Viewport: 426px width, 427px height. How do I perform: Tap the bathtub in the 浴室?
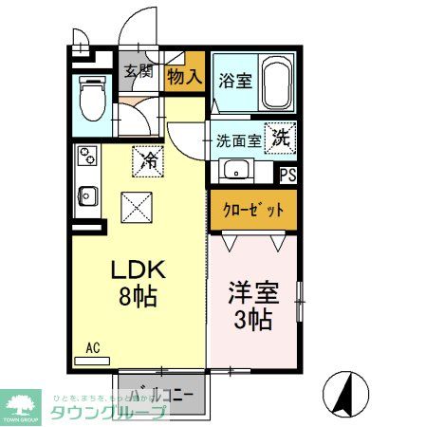pos(276,82)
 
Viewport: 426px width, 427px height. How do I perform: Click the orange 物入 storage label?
pos(184,76)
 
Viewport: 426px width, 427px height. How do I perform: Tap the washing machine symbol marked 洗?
pos(282,137)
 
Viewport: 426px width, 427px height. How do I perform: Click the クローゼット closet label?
pos(251,209)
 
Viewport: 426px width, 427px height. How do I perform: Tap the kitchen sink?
pos(85,195)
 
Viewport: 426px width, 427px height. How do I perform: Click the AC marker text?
pos(93,348)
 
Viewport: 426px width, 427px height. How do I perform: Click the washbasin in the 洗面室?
pos(234,171)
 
